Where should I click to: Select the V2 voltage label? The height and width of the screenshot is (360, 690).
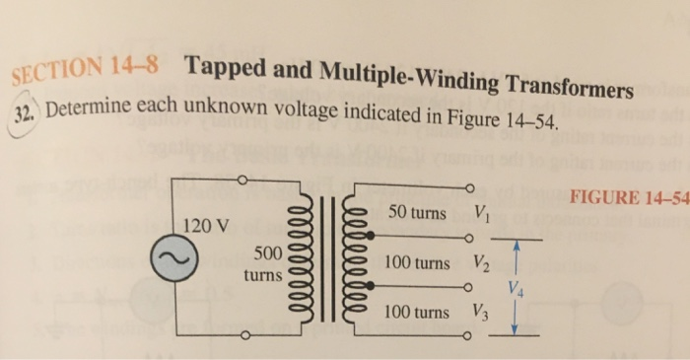point(481,264)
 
